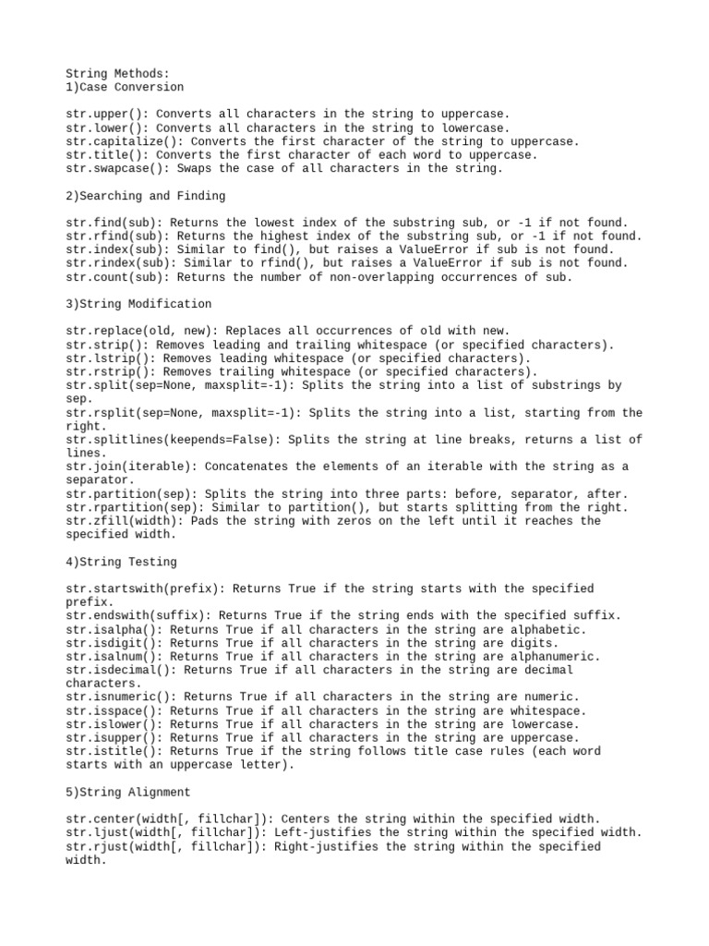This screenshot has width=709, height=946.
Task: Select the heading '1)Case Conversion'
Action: pos(125,87)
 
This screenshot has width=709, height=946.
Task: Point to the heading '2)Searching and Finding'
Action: pos(146,196)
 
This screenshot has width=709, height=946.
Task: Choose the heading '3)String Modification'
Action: pos(138,304)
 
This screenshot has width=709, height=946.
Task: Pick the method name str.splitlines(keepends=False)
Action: pos(173,440)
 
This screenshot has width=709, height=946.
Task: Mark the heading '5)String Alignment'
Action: pos(128,793)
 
